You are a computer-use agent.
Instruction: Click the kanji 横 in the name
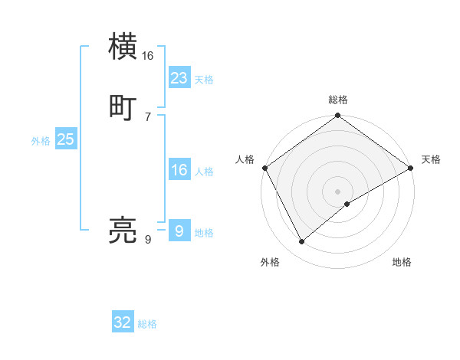click(x=123, y=47)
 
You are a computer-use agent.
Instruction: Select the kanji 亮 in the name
click(x=123, y=231)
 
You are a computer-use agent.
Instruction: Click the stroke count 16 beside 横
click(x=148, y=56)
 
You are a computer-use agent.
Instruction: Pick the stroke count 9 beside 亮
click(x=148, y=240)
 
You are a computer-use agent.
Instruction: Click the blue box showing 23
click(x=179, y=78)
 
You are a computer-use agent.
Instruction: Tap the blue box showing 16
click(x=179, y=171)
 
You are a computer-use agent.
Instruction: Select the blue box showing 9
click(x=179, y=231)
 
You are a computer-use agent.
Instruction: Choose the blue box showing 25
click(x=66, y=139)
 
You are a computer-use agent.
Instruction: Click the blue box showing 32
click(x=123, y=322)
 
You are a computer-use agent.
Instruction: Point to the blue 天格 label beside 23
click(x=204, y=80)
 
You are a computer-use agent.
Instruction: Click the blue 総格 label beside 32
click(x=147, y=324)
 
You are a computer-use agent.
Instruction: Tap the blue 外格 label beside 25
click(x=41, y=141)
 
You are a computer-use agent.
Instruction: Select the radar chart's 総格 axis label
click(x=338, y=100)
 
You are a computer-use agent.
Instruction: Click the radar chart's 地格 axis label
click(x=402, y=262)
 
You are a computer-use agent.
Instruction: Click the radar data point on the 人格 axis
click(x=264, y=168)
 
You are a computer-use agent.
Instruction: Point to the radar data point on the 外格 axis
click(x=302, y=241)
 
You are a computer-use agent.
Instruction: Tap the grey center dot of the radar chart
click(x=338, y=191)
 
